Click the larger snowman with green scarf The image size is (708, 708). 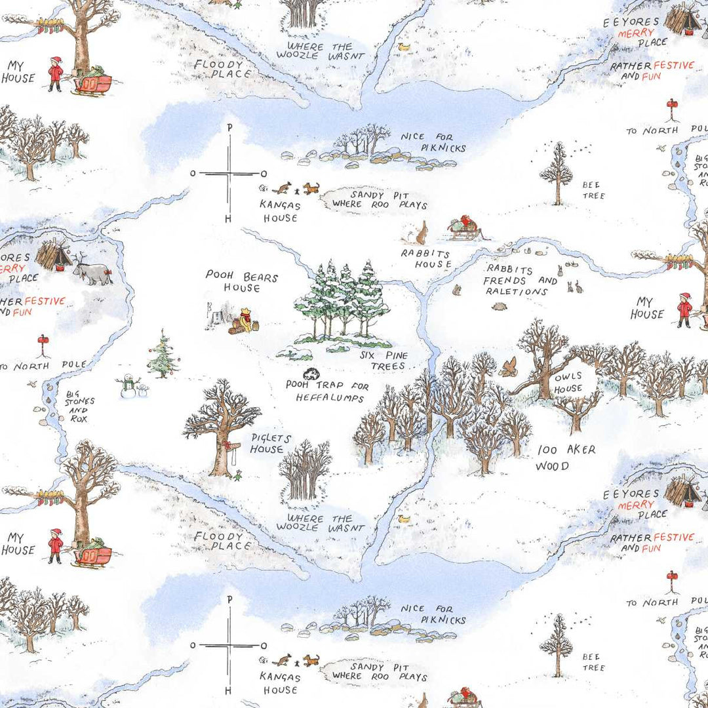tap(128, 385)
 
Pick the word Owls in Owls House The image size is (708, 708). tap(568, 378)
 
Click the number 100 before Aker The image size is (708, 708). tap(548, 450)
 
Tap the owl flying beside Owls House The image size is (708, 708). tap(508, 366)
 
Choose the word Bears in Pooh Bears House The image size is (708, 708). tap(260, 277)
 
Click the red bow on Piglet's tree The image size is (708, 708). tap(228, 445)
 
